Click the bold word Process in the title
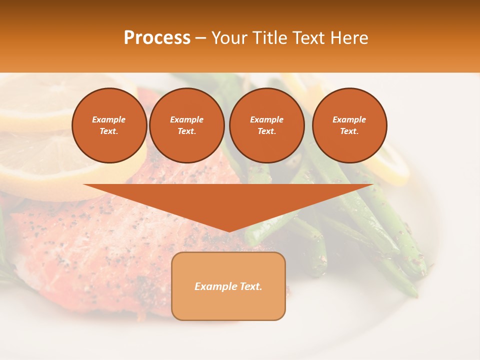coord(157,38)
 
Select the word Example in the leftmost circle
coord(109,119)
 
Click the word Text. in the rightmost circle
coord(349,131)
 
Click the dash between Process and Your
coord(200,38)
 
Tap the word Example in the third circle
coord(266,119)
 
